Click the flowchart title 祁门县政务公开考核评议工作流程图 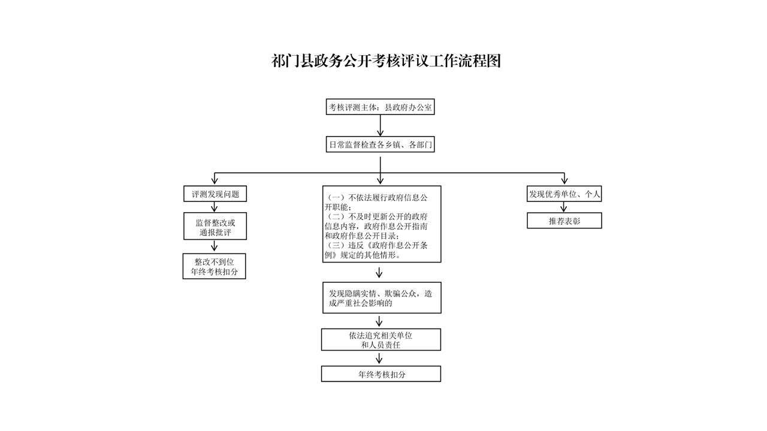[386, 61]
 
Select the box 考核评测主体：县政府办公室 [380, 107]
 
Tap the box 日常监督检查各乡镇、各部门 [380, 144]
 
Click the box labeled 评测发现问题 [215, 194]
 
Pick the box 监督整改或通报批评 [215, 226]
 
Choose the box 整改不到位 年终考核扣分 [215, 266]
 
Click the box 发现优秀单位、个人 [564, 194]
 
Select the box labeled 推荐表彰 [564, 221]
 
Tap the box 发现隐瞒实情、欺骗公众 [382, 298]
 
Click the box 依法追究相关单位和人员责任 [381, 339]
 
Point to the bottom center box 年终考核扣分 [381, 374]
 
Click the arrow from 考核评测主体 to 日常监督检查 [380, 125]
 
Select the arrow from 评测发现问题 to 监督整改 [215, 207]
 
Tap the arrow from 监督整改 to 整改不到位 [215, 246]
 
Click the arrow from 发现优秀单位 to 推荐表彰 [564, 207]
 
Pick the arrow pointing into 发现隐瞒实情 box [379, 273]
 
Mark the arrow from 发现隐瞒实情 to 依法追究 [379, 321]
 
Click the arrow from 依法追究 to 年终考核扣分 [379, 358]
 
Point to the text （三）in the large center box [336, 245]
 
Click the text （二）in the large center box [336, 216]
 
